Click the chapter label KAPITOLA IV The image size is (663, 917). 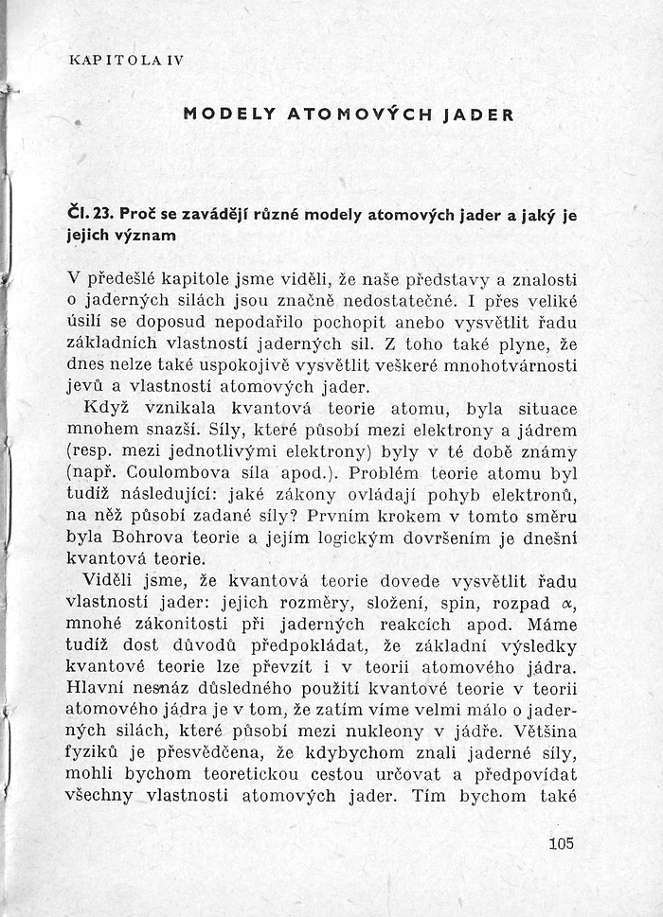coord(126,60)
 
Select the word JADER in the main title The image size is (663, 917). coord(475,115)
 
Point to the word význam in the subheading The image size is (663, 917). coord(147,236)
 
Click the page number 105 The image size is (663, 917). coord(561,842)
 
